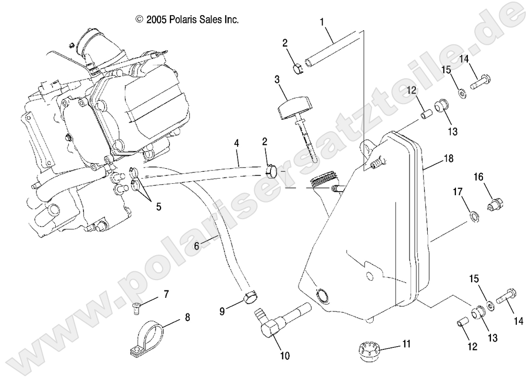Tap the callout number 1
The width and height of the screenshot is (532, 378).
(x=322, y=22)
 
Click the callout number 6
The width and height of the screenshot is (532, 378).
(x=196, y=247)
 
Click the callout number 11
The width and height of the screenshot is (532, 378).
(x=406, y=344)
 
